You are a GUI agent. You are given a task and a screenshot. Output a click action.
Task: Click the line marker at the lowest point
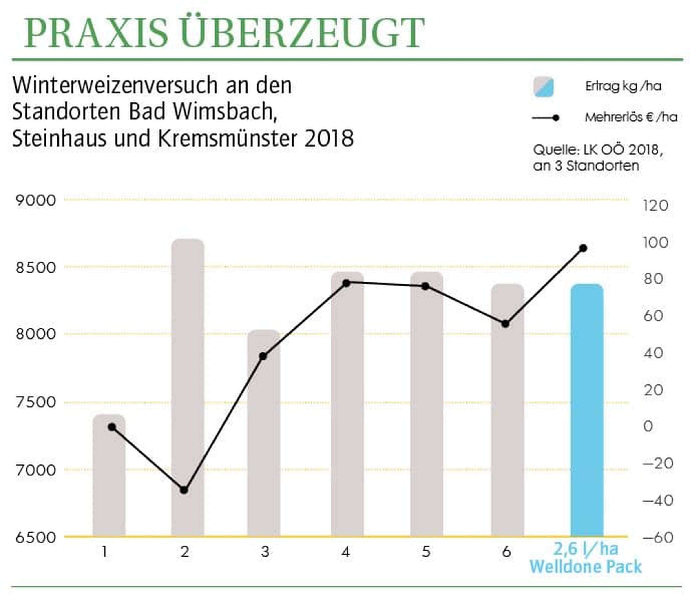coord(184,490)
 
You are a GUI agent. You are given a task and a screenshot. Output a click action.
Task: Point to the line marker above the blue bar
coord(583,248)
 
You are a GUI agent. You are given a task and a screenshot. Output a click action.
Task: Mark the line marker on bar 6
coord(505,324)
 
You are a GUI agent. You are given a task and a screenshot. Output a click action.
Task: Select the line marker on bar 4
coord(346,283)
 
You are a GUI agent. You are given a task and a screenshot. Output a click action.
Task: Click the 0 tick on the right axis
coord(648,426)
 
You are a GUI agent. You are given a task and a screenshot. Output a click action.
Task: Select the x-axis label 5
coord(426,552)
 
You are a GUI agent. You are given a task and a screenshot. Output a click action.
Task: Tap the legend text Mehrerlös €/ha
coord(631,117)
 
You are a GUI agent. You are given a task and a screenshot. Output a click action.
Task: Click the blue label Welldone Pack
coord(585,567)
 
